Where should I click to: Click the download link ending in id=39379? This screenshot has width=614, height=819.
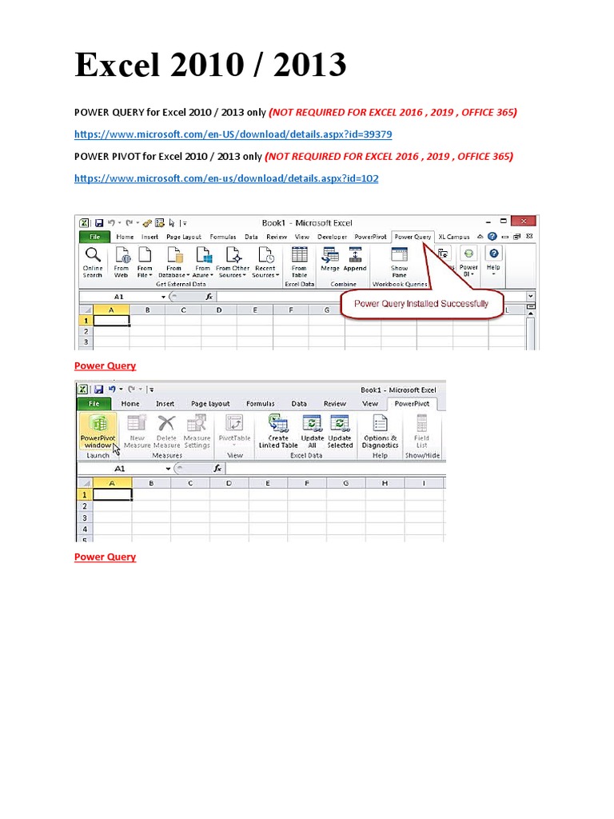point(233,134)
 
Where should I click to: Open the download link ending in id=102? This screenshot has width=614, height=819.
point(226,178)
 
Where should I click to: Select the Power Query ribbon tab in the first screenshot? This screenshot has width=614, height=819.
point(413,237)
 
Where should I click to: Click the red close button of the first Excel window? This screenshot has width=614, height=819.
point(523,221)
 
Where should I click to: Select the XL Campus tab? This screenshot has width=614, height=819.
point(454,237)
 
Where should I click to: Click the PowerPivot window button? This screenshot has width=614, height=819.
point(98,430)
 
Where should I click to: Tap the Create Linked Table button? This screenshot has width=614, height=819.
point(278,430)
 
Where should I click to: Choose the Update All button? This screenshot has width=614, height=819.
point(312,430)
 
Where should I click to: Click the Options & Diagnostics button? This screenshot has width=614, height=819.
point(380,430)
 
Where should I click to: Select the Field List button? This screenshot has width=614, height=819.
point(421,430)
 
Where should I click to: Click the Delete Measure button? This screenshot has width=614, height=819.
point(166,430)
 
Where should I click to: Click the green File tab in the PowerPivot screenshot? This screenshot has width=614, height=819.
point(94,404)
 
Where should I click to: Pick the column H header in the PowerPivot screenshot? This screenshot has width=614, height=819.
point(385,482)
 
